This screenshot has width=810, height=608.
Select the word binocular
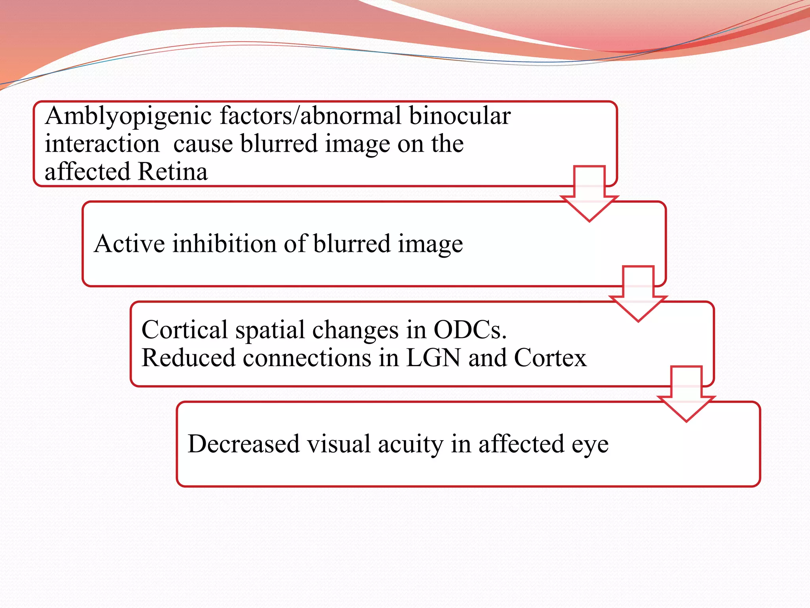[x=460, y=116]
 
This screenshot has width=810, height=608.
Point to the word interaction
[x=102, y=144]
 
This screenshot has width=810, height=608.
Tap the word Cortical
[x=185, y=330]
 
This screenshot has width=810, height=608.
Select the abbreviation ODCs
[x=469, y=330]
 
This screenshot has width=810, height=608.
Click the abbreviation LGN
[x=433, y=358]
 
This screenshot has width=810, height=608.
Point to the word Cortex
[x=550, y=358]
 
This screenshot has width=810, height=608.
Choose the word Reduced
[x=189, y=358]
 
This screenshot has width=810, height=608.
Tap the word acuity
[x=411, y=445]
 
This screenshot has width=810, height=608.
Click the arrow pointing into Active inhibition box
[x=589, y=194]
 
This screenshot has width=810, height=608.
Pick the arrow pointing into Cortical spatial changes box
[x=638, y=294]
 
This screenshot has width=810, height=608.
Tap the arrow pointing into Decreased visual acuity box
[x=686, y=394]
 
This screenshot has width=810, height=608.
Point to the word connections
[x=307, y=358]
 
